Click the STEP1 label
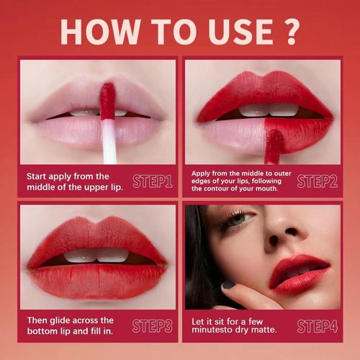coord(153,181)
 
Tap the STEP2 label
coord(317,181)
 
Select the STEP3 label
coord(153,325)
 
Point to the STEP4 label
coord(317,325)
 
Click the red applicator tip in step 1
coord(108,100)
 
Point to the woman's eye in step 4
coord(240,218)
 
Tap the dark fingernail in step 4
coord(228,285)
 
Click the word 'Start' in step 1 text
coord(39,176)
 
